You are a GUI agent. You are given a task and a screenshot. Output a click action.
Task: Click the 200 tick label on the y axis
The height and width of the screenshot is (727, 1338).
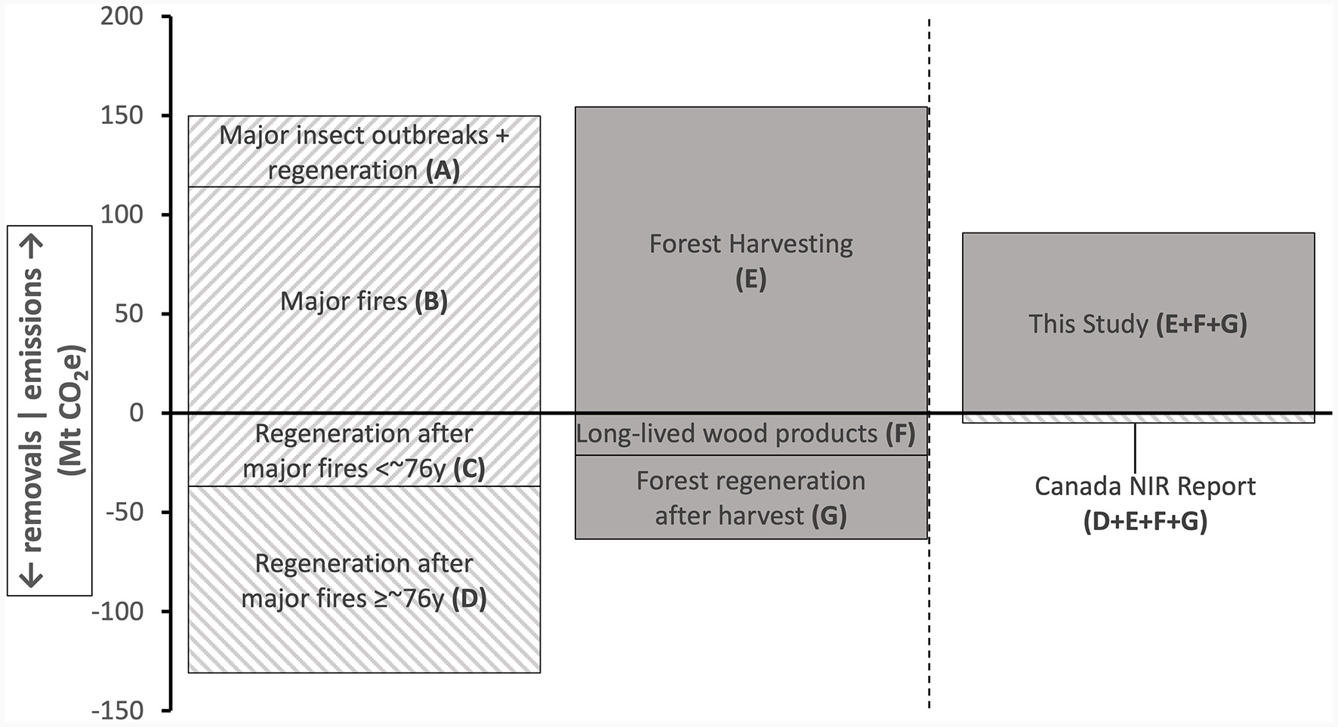coord(122,16)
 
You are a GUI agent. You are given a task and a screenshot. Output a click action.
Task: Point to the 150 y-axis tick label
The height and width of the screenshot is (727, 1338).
coord(122,116)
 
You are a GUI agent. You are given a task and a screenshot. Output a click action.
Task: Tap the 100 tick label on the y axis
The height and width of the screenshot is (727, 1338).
coord(122,214)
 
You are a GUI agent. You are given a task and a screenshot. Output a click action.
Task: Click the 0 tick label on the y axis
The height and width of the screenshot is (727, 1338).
coord(136,413)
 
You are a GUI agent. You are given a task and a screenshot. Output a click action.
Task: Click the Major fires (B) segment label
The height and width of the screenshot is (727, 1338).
coord(363,301)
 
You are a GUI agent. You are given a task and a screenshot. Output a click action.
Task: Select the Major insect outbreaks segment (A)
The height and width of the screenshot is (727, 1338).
coord(363,151)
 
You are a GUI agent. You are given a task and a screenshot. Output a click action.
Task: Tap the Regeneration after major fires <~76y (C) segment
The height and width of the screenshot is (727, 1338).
coord(363,450)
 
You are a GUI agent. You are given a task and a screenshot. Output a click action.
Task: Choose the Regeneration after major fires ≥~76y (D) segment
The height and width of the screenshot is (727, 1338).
coord(363,580)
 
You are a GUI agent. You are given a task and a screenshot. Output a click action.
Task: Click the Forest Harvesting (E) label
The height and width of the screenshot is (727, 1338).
coord(751,260)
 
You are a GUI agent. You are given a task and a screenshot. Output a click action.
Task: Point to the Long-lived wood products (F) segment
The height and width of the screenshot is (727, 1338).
coord(745,434)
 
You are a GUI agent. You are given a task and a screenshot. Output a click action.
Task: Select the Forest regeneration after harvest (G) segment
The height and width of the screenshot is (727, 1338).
coord(751,498)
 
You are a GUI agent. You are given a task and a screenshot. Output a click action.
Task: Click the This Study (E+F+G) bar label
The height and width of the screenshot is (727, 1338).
coord(1137,324)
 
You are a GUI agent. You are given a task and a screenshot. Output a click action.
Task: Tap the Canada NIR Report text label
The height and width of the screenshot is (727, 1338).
coord(1145,486)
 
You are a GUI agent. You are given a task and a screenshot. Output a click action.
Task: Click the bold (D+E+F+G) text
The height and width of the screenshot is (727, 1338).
coord(1145,521)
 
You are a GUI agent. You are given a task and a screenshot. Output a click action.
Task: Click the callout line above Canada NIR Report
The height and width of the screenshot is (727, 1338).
coord(1135,448)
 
